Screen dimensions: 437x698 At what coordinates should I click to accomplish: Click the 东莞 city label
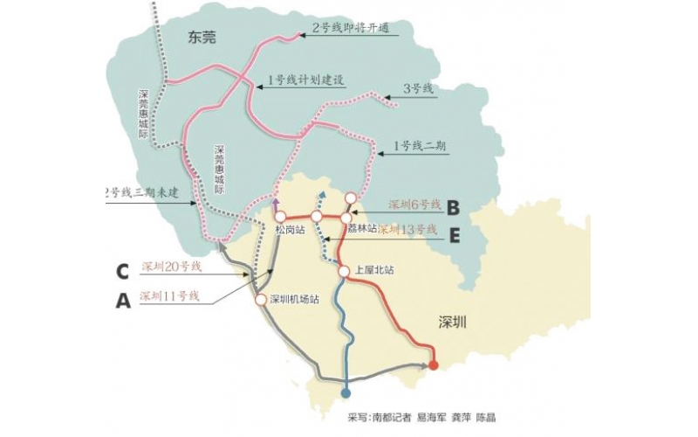pos(201,37)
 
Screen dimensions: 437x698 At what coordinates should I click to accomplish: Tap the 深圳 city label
pos(453,323)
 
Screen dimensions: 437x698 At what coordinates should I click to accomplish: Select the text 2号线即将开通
pos(350,29)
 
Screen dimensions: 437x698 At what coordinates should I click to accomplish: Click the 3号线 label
pos(419,88)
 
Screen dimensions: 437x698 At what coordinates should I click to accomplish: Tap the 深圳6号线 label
pos(413,205)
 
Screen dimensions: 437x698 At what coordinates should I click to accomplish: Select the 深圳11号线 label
pos(169,296)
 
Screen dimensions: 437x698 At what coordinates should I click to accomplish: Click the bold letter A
pos(124,302)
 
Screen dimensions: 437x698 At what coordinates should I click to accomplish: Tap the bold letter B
pos(453,207)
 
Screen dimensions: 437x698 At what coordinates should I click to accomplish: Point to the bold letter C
pos(124,270)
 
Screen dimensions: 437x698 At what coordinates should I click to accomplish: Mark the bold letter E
pos(454,233)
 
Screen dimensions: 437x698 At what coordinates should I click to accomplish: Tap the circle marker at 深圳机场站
pos(260,300)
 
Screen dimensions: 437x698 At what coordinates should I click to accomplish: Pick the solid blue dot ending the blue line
pos(346,392)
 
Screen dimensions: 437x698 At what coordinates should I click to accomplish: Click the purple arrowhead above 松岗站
pos(277,202)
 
